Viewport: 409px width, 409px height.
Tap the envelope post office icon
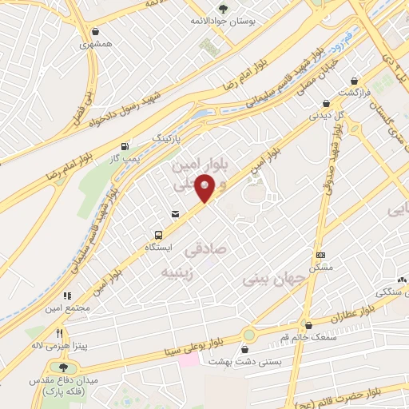pyautogui.click(x=175, y=212)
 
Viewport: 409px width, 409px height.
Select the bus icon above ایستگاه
pyautogui.click(x=159, y=235)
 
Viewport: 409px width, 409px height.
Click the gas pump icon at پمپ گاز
pyautogui.click(x=124, y=146)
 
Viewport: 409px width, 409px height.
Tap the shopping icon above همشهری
pyautogui.click(x=96, y=31)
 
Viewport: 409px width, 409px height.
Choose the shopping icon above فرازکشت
pyautogui.click(x=327, y=103)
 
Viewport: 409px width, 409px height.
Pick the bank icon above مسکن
pyautogui.click(x=321, y=255)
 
